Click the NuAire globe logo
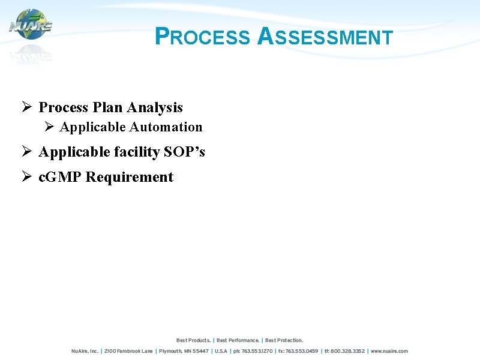31,25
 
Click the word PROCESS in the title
202,37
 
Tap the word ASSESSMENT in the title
325,37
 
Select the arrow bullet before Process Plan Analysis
26,107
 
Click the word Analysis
158,108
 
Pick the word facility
133,152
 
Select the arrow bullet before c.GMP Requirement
26,177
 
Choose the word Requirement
130,178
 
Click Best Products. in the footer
193,340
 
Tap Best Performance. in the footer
238,340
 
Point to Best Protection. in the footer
284,340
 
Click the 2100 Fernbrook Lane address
128,351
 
